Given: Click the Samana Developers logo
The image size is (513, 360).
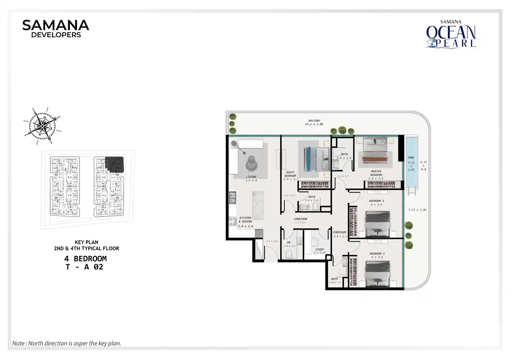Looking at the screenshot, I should pyautogui.click(x=55, y=28).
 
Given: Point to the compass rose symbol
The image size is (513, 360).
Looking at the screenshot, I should pyautogui.click(x=42, y=125).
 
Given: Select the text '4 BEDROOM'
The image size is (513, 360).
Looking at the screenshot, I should pyautogui.click(x=85, y=258).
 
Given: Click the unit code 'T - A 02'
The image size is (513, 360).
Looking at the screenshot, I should pyautogui.click(x=84, y=267).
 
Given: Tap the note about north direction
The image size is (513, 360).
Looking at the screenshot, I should pyautogui.click(x=67, y=343).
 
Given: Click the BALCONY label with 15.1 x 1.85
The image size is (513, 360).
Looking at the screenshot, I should pyautogui.click(x=314, y=122).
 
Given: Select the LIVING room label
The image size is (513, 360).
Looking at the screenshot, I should pyautogui.click(x=251, y=178).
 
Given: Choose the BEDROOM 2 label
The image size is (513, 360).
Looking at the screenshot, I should pyautogui.click(x=376, y=203).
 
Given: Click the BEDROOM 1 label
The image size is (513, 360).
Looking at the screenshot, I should pyautogui.click(x=377, y=255).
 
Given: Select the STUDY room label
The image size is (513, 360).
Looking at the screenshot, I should pyautogui.click(x=319, y=251).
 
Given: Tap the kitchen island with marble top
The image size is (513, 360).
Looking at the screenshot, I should pyautogui.click(x=258, y=205).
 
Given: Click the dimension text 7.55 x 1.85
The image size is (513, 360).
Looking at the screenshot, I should pyautogui.click(x=417, y=210).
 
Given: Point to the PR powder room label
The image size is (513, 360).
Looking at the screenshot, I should pyautogui.click(x=289, y=244).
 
